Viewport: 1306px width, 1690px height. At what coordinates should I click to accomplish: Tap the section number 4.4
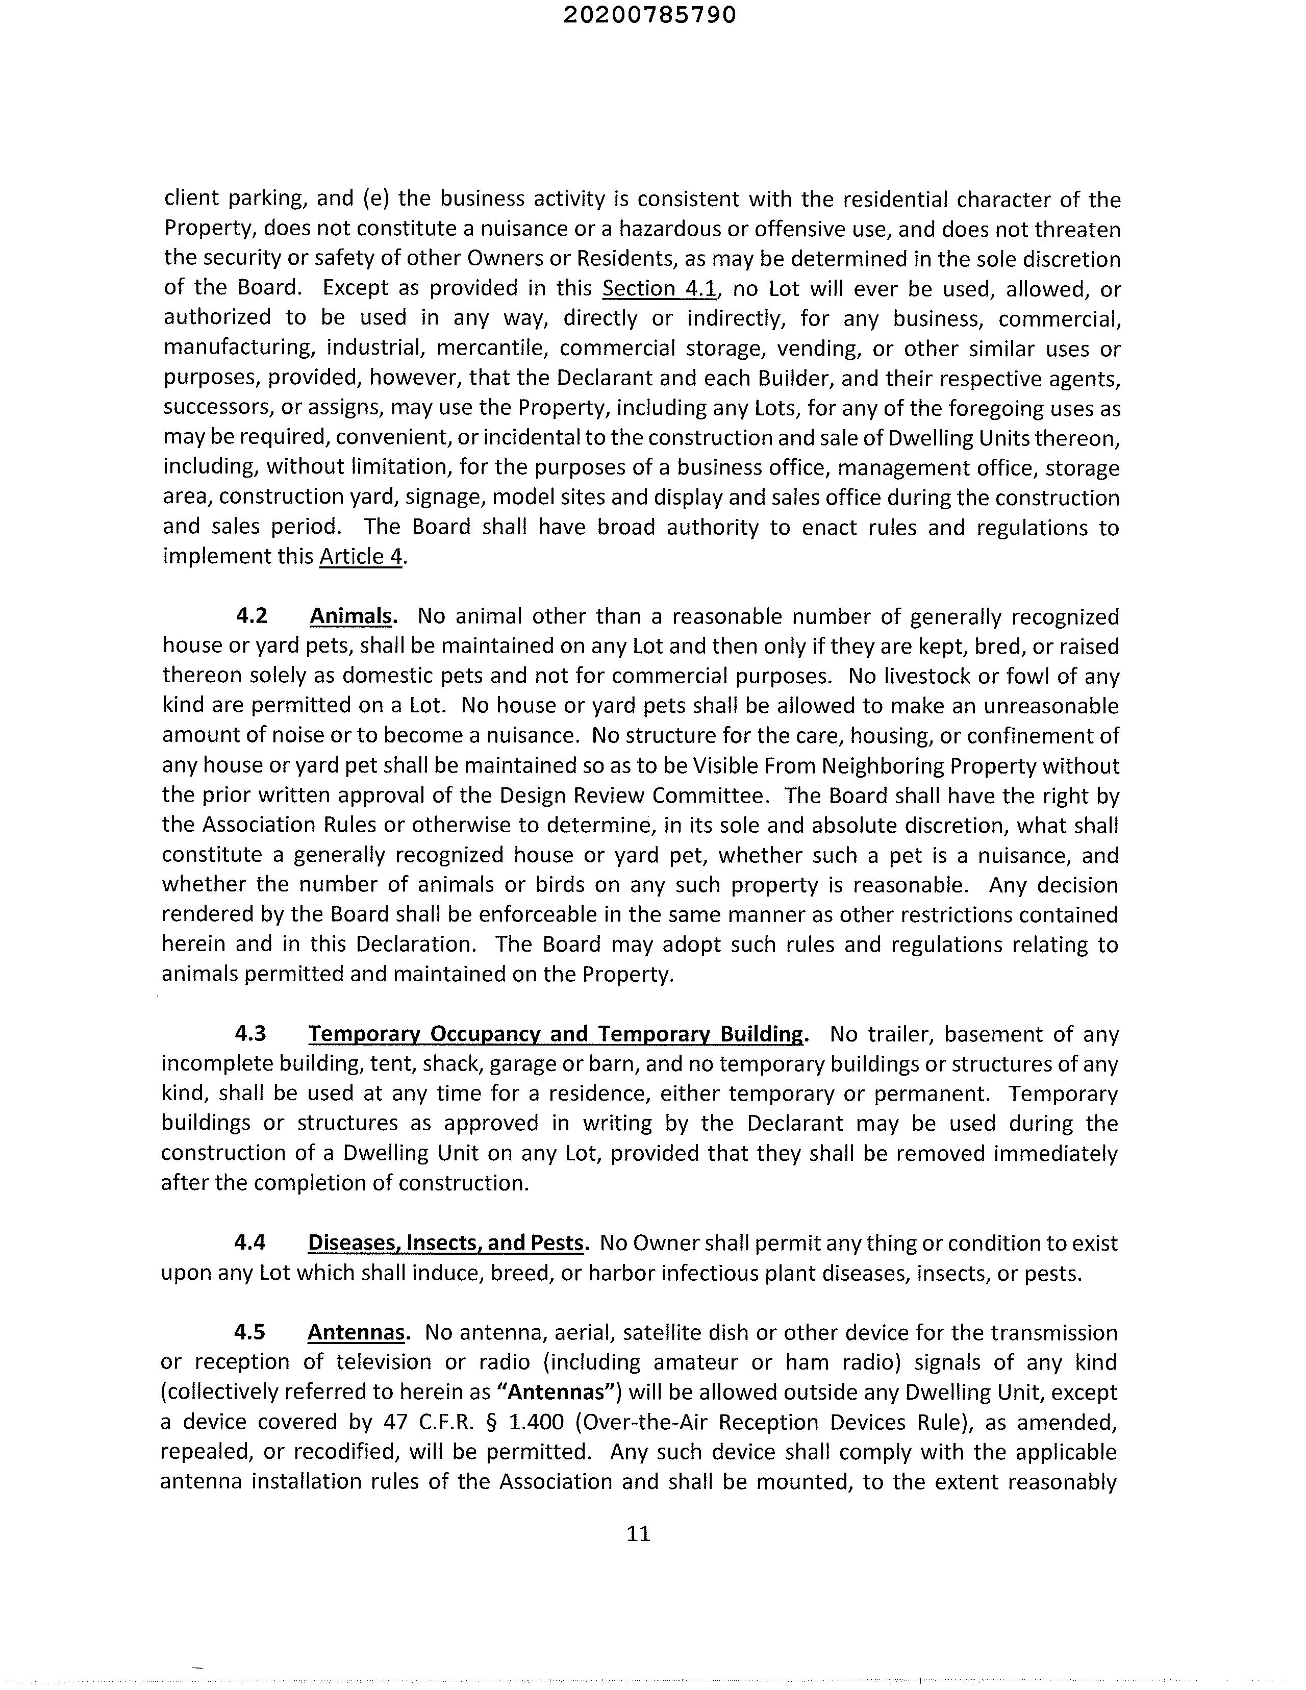click(x=250, y=1242)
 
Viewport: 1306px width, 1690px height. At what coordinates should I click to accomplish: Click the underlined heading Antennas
click(x=357, y=1332)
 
